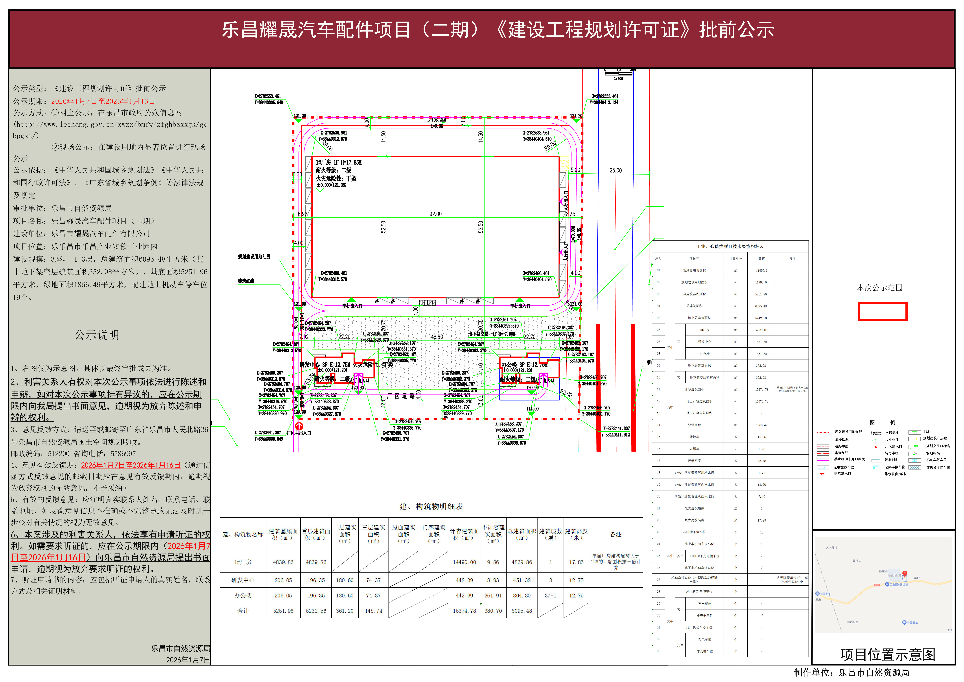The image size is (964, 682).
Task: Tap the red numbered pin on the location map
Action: click(x=905, y=573)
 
